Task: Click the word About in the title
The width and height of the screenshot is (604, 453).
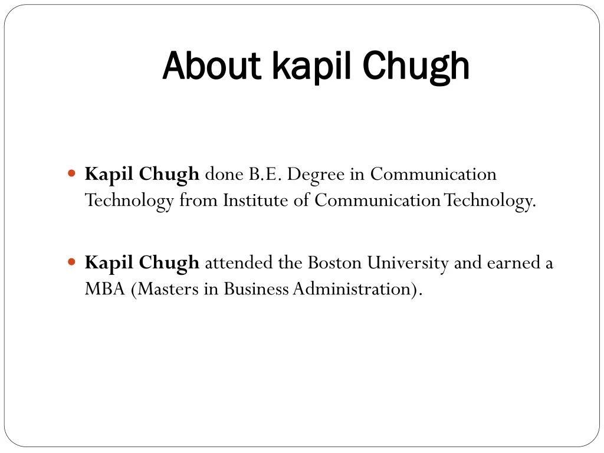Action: (x=212, y=65)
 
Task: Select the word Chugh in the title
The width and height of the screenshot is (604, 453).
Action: (x=416, y=67)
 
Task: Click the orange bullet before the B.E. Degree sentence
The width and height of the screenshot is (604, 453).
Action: (x=71, y=173)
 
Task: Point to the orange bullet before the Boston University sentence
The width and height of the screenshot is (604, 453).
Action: (x=71, y=262)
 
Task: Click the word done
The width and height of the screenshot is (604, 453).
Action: (x=224, y=174)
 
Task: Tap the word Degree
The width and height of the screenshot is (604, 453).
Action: (x=316, y=176)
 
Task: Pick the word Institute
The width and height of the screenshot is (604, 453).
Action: (x=255, y=200)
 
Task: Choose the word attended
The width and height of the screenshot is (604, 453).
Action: (x=239, y=262)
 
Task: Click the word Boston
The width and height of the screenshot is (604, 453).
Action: (x=335, y=262)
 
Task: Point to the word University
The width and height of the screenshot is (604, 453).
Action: (x=408, y=264)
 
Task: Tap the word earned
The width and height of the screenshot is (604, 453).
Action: (x=514, y=262)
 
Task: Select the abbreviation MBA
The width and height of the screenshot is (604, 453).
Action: (x=105, y=289)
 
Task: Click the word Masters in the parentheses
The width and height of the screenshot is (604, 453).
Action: (x=168, y=289)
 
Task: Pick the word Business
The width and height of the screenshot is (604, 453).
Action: (x=256, y=289)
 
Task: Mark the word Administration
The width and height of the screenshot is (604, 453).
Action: (x=352, y=289)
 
